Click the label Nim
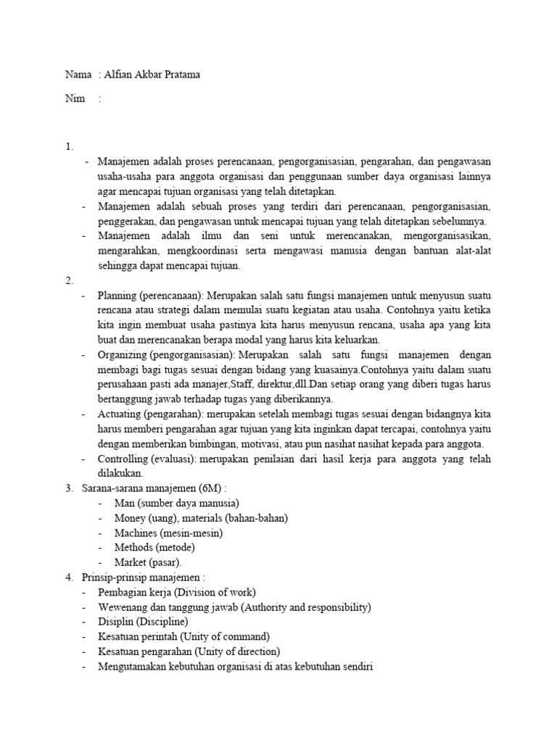74,99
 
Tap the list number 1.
69,147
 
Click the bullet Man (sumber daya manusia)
176,503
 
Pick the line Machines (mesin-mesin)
168,533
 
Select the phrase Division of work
213,592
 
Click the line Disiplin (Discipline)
143,622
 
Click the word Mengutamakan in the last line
133,666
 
